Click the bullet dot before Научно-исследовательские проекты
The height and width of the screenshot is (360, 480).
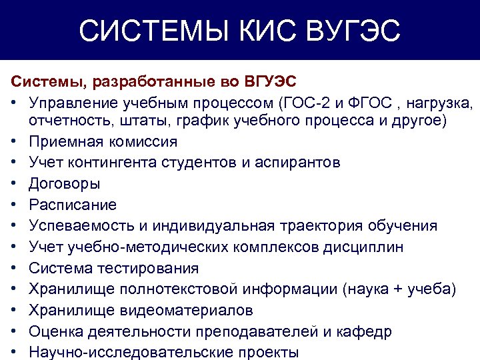click(15, 353)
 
